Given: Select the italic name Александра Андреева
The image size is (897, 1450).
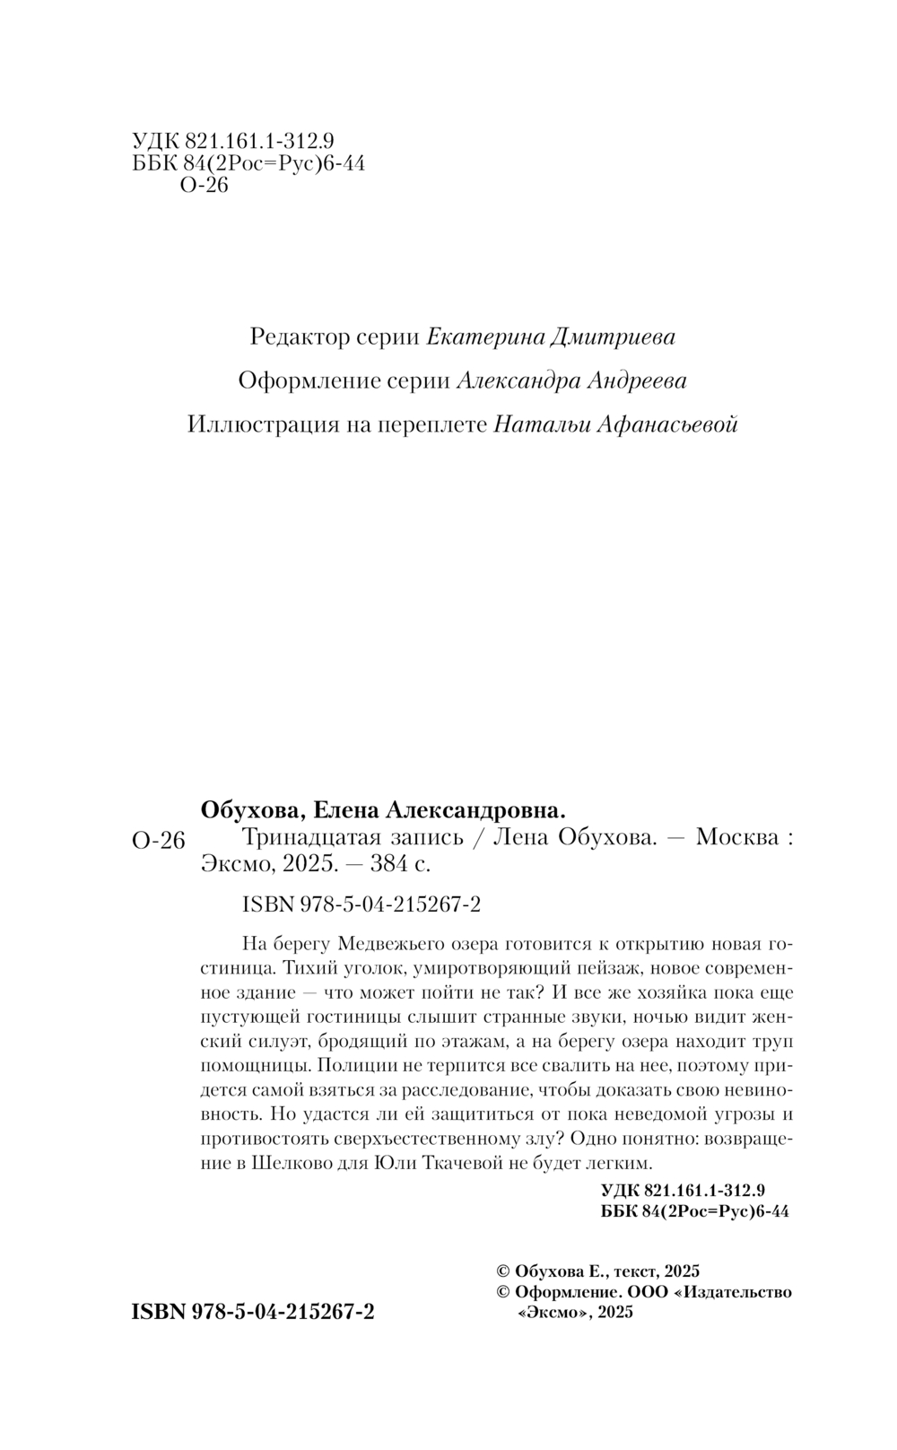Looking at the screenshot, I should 571,380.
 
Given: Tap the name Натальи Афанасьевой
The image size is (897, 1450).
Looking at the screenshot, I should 615,424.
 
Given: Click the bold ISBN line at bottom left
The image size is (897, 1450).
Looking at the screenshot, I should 253,1312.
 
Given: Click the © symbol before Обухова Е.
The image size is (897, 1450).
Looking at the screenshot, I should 502,1271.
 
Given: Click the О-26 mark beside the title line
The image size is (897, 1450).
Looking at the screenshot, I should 158,840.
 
